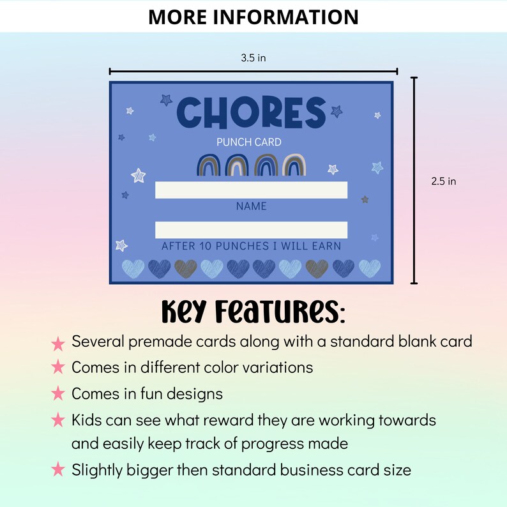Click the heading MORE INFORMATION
click(253, 17)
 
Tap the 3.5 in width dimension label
click(253, 58)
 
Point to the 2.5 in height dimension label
click(443, 181)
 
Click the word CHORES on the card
click(251, 112)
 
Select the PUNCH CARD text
click(248, 142)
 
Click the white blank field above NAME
click(251, 190)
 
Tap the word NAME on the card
click(251, 206)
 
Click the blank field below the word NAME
click(251, 230)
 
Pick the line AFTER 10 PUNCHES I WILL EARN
click(251, 246)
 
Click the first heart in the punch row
click(133, 268)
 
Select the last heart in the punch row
click(369, 268)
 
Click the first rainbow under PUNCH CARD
click(209, 166)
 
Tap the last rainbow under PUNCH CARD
click(295, 166)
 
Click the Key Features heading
click(253, 311)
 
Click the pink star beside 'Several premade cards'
click(58, 344)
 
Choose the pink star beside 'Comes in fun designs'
click(58, 394)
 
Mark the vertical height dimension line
click(414, 180)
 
